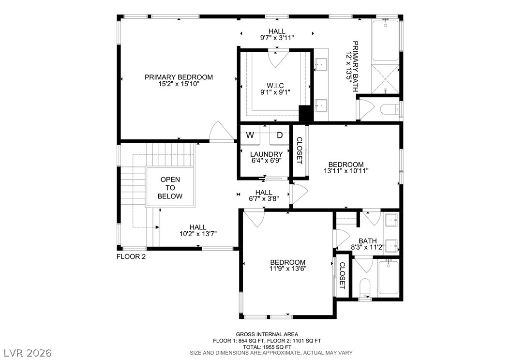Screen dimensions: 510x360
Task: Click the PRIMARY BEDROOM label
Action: (179, 77)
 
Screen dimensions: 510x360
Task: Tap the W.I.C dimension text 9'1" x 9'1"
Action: (275, 92)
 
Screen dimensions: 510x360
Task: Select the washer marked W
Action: (250, 135)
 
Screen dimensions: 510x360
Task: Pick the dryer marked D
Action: (279, 135)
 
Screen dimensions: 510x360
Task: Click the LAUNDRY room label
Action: (267, 154)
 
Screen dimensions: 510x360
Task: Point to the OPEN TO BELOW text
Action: (170, 188)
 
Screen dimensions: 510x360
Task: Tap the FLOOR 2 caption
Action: (131, 256)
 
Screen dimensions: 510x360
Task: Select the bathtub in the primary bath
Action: (385, 40)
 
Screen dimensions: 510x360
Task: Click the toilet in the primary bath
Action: (389, 109)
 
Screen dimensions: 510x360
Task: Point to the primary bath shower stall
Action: (386, 79)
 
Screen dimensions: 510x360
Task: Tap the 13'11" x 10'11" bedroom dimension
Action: (346, 171)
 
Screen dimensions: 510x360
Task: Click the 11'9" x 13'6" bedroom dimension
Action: (288, 269)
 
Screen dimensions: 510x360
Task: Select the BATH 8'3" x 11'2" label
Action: (368, 244)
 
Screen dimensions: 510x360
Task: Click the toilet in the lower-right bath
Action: (366, 288)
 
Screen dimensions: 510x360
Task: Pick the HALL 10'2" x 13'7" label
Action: (198, 230)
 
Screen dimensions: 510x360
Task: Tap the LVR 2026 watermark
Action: (28, 353)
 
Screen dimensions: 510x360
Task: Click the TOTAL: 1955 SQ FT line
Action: (267, 346)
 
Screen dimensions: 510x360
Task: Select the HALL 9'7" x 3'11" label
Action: (277, 34)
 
